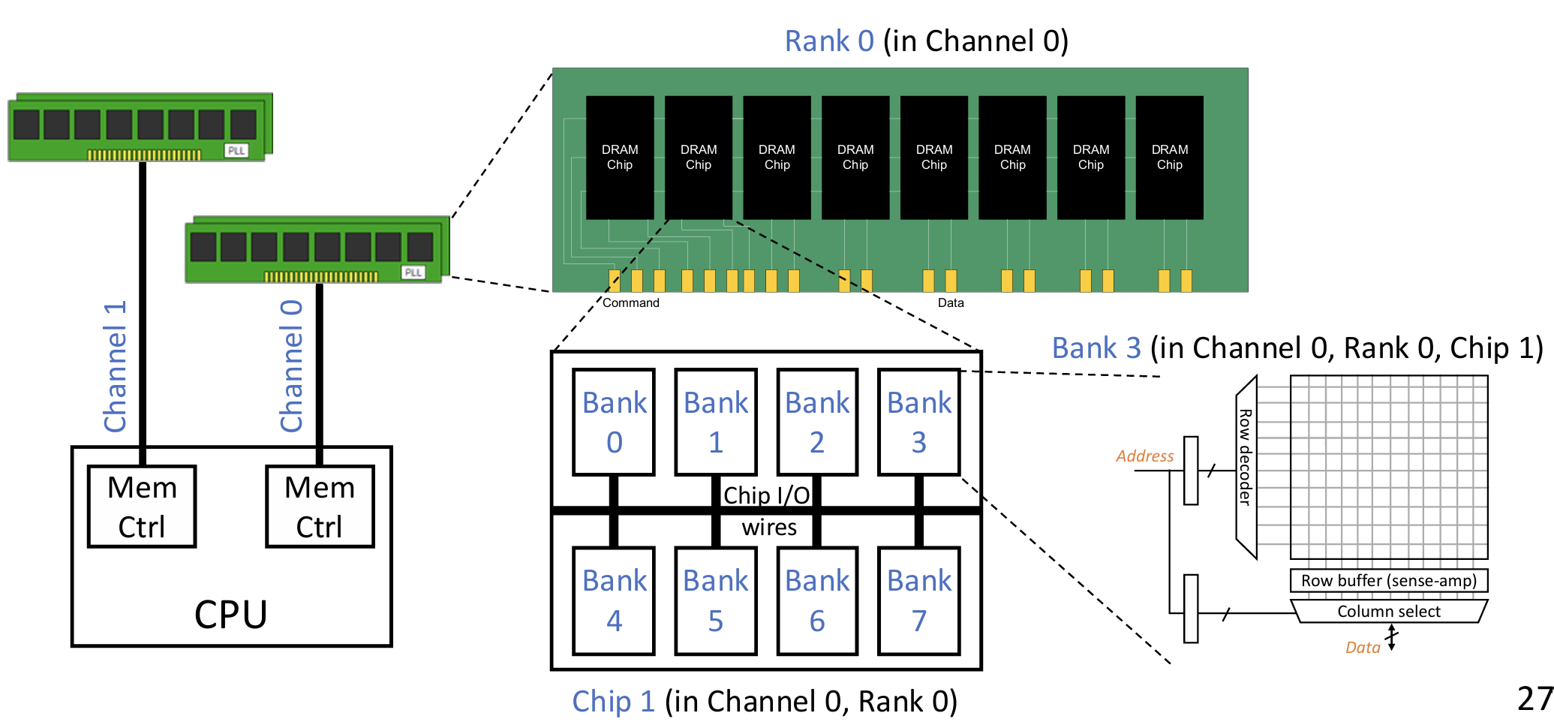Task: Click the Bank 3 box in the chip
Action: [918, 422]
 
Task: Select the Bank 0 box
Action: [614, 422]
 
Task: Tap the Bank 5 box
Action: [716, 600]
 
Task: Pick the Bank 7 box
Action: [918, 600]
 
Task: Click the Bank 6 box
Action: [817, 600]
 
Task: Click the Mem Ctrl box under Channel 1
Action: [142, 507]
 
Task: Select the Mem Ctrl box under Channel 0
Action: [320, 507]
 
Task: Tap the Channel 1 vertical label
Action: [115, 366]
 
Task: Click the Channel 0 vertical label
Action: [291, 366]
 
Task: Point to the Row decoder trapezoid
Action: [1246, 467]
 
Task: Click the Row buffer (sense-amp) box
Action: [1388, 581]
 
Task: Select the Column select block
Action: [1388, 611]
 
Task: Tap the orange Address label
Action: [1144, 456]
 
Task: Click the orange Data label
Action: [1363, 648]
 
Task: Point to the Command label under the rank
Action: [630, 303]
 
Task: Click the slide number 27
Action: [1534, 699]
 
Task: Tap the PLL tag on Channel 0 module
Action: [413, 272]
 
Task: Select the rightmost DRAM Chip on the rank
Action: [1169, 158]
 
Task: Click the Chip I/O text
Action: [766, 495]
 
